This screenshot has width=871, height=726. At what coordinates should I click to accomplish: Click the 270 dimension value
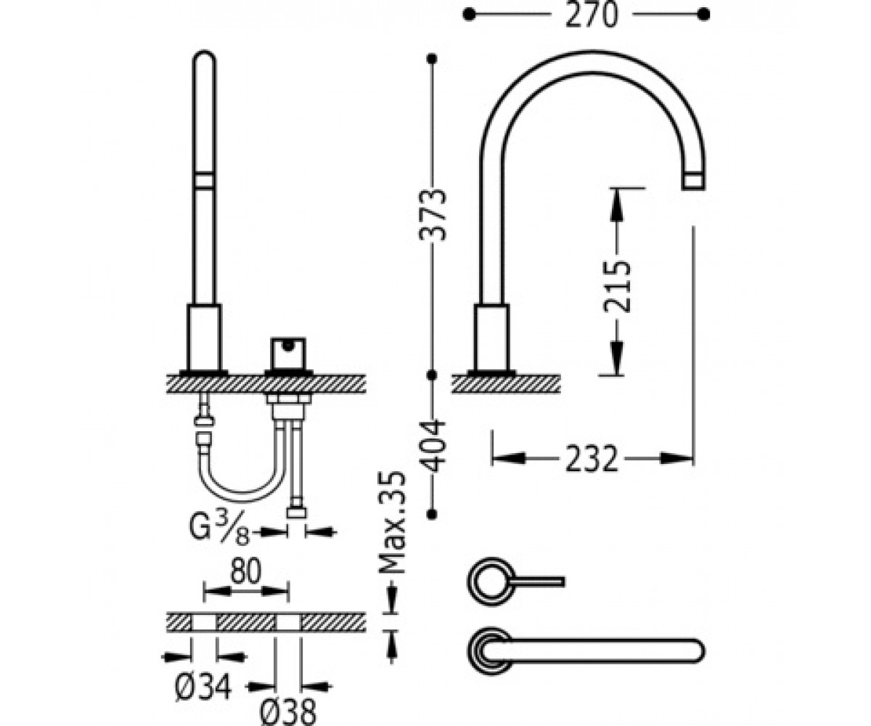[591, 15]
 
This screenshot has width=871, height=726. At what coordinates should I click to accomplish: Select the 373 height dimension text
[433, 215]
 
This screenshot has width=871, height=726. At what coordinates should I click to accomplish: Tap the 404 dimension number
[433, 446]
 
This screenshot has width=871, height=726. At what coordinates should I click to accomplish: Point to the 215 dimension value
[617, 286]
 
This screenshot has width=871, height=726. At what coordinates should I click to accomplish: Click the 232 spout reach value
[592, 459]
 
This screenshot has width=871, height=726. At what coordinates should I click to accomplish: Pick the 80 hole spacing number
[246, 571]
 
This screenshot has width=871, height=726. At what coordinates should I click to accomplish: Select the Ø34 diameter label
[203, 688]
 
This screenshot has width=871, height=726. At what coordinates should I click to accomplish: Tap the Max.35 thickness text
[391, 523]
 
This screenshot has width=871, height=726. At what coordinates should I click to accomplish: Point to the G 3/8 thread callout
[219, 528]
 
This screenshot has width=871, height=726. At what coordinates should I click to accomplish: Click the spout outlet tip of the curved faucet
[694, 181]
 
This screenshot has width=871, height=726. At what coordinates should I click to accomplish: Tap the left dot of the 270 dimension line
[469, 15]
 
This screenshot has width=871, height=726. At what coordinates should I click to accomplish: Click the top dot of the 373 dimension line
[432, 59]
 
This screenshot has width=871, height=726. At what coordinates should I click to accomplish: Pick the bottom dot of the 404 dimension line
[432, 513]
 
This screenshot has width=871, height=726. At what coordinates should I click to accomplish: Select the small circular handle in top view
[491, 582]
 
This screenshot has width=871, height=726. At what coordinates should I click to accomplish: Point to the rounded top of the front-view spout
[205, 57]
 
